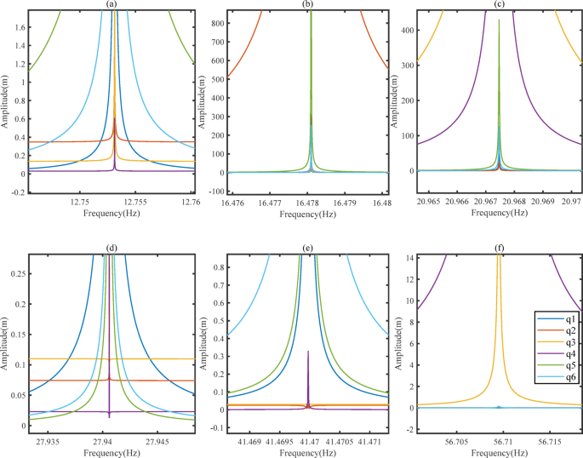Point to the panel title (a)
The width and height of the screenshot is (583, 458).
111,5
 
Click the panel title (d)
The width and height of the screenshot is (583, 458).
111,248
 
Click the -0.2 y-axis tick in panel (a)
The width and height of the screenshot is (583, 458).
15,192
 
